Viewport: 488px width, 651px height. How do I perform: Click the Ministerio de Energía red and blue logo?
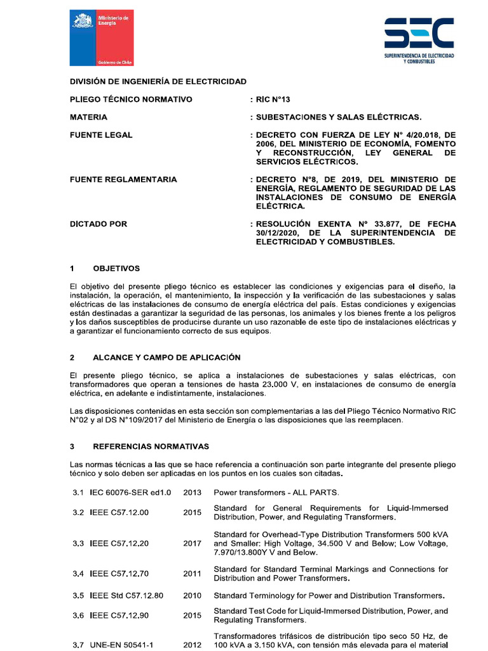click(x=102, y=38)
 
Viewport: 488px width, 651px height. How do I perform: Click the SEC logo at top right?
click(x=419, y=40)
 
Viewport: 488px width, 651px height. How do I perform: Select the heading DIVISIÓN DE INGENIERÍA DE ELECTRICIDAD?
click(x=158, y=82)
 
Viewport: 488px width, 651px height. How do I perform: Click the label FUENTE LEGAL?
click(x=101, y=135)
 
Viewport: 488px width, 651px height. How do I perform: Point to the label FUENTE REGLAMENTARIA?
click(x=123, y=179)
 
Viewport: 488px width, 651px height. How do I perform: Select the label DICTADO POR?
click(x=98, y=224)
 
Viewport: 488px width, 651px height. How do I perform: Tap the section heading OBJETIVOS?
click(x=116, y=268)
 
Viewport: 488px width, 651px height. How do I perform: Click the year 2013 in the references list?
click(x=192, y=493)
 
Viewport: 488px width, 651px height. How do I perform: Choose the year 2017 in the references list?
click(x=192, y=544)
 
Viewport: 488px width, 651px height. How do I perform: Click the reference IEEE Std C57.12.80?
click(x=126, y=596)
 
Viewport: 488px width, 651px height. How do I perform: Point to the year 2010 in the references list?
click(x=192, y=596)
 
